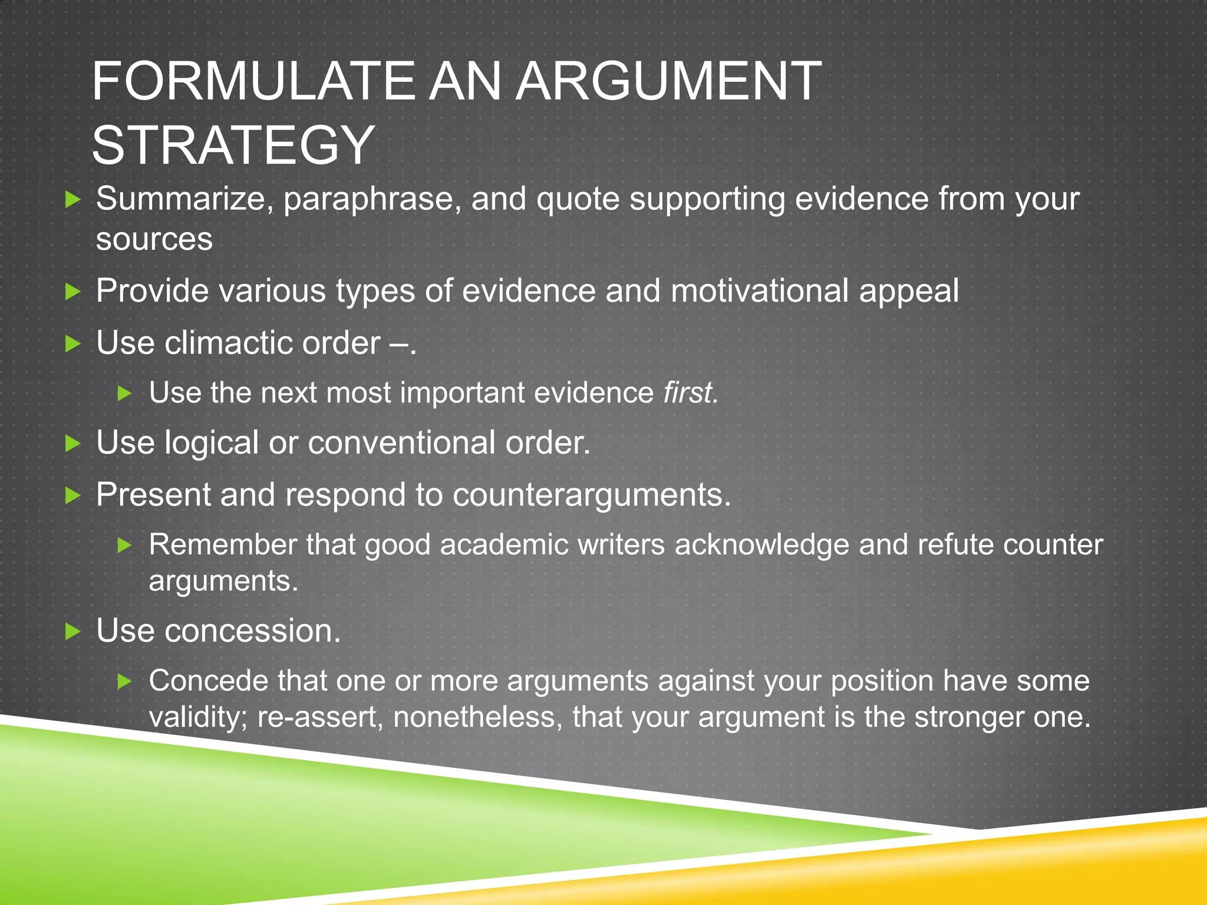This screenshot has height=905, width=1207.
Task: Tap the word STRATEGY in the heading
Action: pos(233,145)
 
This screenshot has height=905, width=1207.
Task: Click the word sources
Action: pos(154,239)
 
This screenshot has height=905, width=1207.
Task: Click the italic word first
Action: pos(690,392)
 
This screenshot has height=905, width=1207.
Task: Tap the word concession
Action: pos(252,631)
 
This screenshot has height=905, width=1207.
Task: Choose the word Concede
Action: pos(209,681)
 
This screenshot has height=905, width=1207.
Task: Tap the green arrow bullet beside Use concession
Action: pos(72,632)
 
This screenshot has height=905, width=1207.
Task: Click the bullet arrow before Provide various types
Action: pos(72,291)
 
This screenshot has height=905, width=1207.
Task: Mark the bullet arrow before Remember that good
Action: pos(124,546)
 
